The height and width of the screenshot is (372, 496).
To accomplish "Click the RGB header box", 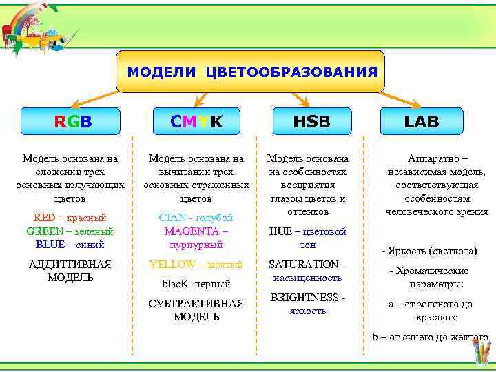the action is tap(71, 121).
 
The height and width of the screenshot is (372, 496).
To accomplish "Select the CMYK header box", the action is tap(196, 121).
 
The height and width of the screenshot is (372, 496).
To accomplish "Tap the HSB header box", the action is tap(311, 121).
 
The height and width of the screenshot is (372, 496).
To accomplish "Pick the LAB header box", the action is tap(422, 121).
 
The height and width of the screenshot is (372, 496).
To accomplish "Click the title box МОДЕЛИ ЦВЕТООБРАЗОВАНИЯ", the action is tap(250, 72).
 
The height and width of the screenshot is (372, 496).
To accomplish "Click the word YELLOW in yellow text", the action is tap(172, 264).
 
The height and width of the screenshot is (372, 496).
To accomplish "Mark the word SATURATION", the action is tap(303, 264).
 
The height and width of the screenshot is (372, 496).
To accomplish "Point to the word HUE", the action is tap(280, 231).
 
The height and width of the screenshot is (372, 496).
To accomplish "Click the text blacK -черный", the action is tap(196, 284).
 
